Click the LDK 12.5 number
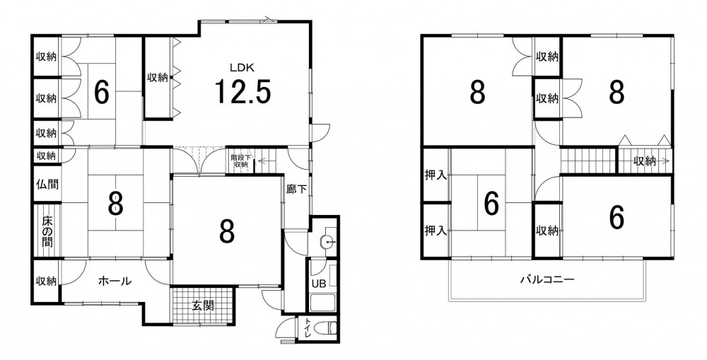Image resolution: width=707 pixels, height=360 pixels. [242, 91]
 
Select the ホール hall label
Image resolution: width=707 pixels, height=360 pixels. [115, 281]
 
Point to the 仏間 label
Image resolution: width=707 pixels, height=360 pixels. [47, 185]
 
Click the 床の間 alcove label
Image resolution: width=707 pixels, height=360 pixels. [47, 232]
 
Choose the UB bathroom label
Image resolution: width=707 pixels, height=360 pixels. [318, 284]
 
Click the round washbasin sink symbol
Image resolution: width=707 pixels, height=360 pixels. [327, 242]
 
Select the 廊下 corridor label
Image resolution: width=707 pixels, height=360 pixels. [296, 190]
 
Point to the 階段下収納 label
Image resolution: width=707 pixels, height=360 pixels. [240, 161]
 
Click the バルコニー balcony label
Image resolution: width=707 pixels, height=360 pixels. [547, 279]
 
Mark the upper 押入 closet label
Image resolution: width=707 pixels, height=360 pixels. [436, 175]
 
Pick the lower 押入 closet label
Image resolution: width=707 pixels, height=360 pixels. [436, 231]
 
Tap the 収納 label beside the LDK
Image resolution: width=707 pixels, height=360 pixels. [158, 78]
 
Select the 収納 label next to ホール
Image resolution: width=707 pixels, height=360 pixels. [47, 281]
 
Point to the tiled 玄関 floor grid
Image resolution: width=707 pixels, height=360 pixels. [203, 306]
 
